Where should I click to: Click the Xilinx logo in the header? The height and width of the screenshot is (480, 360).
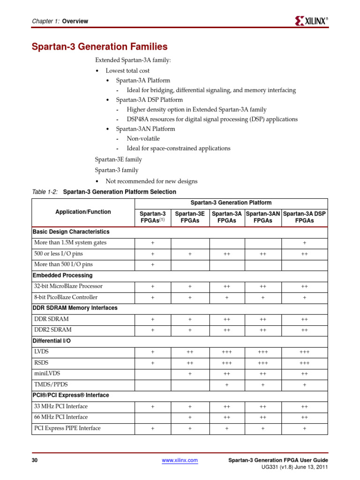[311, 21]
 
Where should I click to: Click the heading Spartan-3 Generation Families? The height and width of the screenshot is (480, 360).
[99, 47]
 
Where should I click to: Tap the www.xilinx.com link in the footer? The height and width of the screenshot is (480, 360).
[180, 460]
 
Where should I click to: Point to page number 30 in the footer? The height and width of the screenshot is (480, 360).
[34, 460]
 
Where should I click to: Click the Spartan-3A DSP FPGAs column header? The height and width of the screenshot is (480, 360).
[304, 217]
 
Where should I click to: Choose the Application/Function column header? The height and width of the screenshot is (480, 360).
[83, 212]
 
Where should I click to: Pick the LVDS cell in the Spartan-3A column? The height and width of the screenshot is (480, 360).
[227, 352]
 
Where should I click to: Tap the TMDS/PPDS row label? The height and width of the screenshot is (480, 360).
[51, 384]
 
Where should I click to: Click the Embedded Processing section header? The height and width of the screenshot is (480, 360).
[62, 275]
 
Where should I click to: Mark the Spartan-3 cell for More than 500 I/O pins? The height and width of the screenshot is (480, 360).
[153, 264]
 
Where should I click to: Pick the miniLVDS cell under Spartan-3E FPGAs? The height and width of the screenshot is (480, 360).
[190, 374]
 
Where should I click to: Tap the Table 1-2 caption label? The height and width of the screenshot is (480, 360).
[45, 192]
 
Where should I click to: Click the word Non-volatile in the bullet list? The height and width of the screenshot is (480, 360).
[143, 138]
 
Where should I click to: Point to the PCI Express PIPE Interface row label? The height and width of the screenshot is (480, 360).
[67, 428]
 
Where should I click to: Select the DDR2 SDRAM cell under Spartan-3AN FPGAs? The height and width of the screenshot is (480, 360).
[263, 330]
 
